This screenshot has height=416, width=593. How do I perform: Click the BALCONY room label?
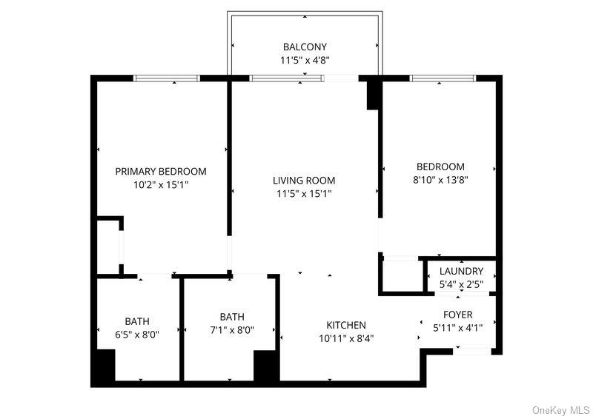[305, 47]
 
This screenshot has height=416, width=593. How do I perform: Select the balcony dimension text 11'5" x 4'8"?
[305, 61]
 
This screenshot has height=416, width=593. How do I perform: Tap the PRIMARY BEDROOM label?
[161, 172]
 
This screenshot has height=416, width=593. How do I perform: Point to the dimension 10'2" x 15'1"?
[161, 186]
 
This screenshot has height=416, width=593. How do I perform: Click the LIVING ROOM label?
[304, 181]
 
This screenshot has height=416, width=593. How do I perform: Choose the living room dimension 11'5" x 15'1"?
[304, 195]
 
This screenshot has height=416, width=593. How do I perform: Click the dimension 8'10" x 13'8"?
[440, 180]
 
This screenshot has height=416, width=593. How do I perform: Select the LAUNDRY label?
[461, 272]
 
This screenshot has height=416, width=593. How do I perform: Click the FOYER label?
[458, 315]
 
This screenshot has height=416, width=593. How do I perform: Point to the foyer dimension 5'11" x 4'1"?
[458, 329]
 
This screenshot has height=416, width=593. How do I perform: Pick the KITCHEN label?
[346, 325]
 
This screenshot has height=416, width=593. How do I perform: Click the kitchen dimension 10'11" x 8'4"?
[346, 339]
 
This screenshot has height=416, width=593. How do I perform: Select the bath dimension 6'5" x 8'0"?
[136, 335]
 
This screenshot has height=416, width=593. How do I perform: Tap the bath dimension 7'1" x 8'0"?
[231, 331]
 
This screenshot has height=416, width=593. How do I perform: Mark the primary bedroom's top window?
[167, 78]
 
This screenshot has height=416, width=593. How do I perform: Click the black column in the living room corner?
[374, 94]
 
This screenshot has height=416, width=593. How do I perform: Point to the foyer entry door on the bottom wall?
[471, 350]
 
